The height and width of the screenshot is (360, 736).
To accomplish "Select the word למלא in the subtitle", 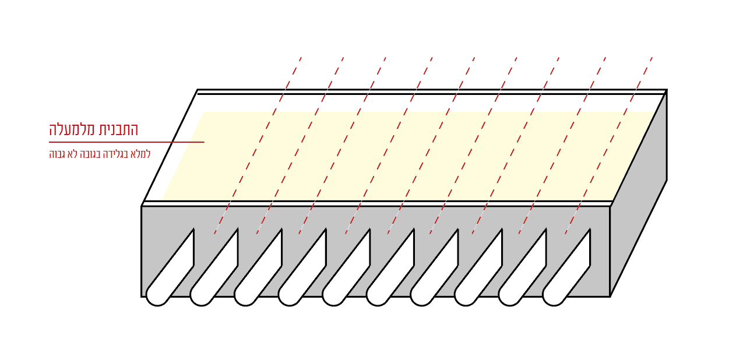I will [x=142, y=154].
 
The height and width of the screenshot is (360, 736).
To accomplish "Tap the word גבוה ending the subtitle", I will [x=58, y=154].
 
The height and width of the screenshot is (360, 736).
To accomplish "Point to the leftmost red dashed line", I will [x=258, y=146].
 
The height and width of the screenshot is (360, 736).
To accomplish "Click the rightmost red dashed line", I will [x=608, y=146].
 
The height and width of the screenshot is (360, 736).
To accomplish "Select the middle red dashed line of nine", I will [x=431, y=146].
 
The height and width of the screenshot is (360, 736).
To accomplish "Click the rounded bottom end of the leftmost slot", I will [x=157, y=295].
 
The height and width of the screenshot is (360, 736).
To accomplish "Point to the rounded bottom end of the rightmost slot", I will [x=554, y=295].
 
